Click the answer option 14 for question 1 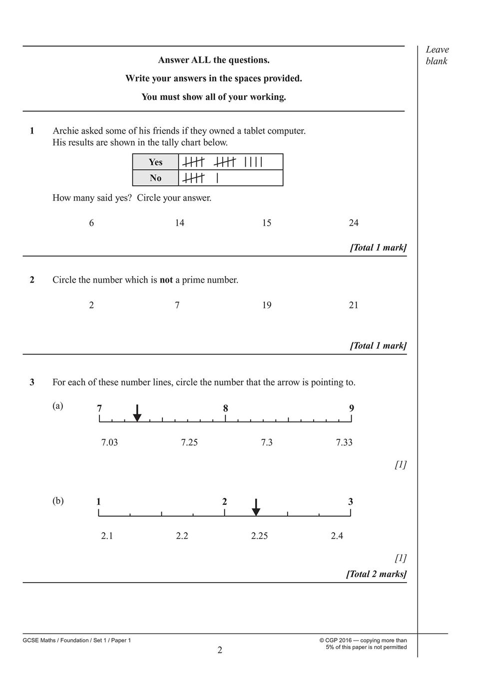coord(179,223)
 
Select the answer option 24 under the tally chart coord(354,223)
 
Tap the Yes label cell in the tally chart coord(155,162)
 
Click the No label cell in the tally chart coord(155,178)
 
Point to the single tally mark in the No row coord(217,178)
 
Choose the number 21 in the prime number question coord(354,305)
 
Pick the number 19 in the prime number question coord(267,305)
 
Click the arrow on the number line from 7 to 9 coord(137,413)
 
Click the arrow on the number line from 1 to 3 coord(256,507)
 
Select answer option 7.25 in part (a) coord(189,442)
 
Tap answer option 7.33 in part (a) coord(344,442)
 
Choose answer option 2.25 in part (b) coord(259,536)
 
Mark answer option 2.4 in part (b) coord(337,536)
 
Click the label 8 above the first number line coord(226,408)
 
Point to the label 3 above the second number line coord(351,502)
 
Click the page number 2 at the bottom coord(220,650)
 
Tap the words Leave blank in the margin coord(437,55)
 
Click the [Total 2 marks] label coord(376,574)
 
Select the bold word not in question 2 coord(166,280)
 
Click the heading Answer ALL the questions coord(214,60)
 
